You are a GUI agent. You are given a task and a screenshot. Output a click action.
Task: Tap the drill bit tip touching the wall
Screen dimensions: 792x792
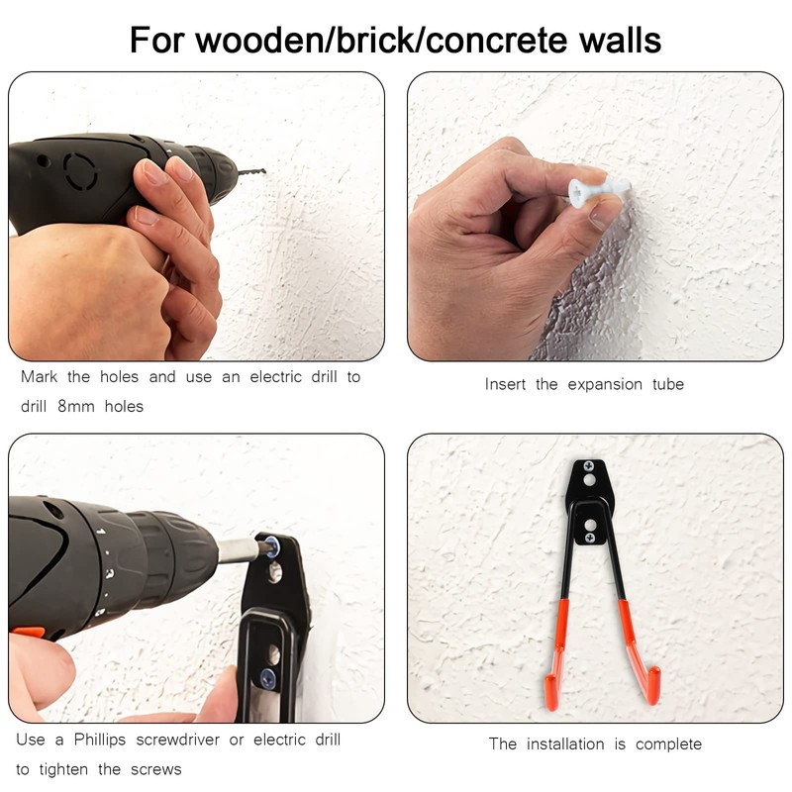(x=264, y=171)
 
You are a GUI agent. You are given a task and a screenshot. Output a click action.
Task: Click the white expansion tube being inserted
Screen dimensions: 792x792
(x=599, y=190)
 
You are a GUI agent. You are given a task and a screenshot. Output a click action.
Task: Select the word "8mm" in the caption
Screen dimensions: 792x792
(x=76, y=406)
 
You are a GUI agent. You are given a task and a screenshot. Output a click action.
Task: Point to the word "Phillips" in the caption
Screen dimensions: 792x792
(x=100, y=740)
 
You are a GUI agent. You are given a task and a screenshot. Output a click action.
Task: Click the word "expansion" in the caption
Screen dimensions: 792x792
(x=605, y=385)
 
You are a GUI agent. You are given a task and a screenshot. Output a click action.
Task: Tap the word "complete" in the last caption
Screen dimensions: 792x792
(x=668, y=744)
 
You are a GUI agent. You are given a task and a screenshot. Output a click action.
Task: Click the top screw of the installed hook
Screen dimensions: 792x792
(x=589, y=466)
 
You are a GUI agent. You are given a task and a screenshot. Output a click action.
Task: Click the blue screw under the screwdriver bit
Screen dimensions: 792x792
(x=270, y=547)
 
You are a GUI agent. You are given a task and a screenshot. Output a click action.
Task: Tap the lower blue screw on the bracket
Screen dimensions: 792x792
(x=267, y=678)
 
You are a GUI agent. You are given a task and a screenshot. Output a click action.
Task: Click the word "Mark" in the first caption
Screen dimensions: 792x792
(x=39, y=377)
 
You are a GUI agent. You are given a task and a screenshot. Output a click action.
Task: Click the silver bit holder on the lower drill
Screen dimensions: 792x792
(x=238, y=550)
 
